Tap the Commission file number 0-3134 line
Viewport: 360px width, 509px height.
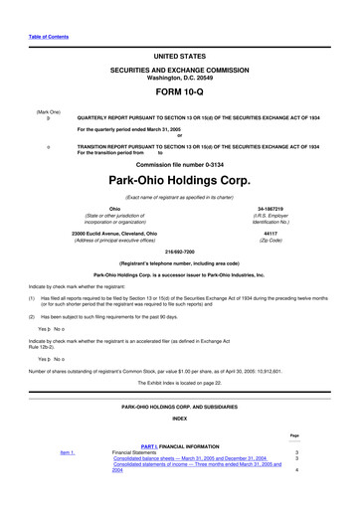pyautogui.click(x=180, y=164)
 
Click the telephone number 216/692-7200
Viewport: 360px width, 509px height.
pyautogui.click(x=180, y=253)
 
